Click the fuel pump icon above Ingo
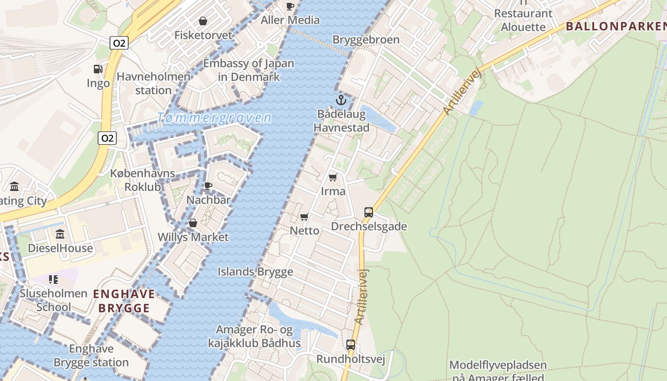coord(98,69)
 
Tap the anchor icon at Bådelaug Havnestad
coord(341,100)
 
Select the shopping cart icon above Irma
coord(333,178)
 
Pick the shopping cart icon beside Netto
coord(304,217)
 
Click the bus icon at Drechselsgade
coord(369,212)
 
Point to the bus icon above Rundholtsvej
coord(351,345)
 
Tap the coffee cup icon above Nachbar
coord(208,186)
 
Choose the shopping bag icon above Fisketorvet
coord(203,21)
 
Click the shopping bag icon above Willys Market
coord(193,223)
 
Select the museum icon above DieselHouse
coord(60,234)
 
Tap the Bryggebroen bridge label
coord(366,40)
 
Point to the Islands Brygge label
coord(255,272)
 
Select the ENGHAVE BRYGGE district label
coord(124,301)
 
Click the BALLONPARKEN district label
coord(616,26)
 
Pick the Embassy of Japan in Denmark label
coord(249,70)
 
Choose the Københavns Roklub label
coord(142,180)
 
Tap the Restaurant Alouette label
coord(523,20)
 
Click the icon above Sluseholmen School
coord(53,279)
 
